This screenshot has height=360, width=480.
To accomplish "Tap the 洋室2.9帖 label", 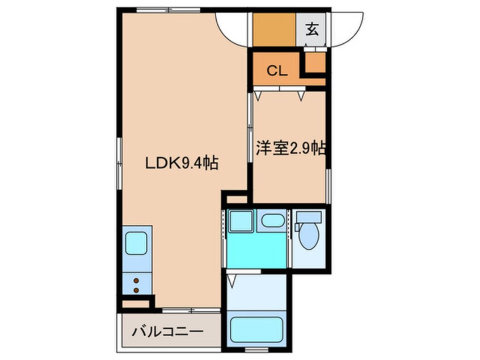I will point(290,149).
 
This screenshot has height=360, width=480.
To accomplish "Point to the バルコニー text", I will point(168,332).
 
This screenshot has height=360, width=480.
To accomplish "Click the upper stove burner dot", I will point(137,279).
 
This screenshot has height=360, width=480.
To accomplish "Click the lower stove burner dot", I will point(137,290).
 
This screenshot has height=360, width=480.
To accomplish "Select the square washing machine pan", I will point(241,220).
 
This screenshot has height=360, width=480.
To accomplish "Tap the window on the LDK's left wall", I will point(120,162).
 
